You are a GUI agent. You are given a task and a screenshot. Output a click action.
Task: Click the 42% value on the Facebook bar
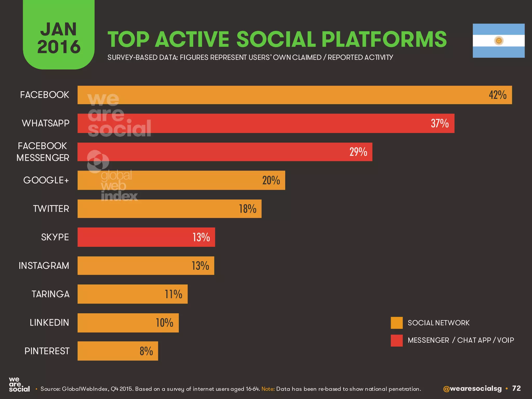497,95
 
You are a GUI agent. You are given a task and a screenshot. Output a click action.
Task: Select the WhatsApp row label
46,123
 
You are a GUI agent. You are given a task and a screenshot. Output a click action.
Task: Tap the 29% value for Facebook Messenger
358,152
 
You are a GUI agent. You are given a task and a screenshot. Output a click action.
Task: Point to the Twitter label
51,209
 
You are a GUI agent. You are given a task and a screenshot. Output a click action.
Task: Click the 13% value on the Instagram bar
200,265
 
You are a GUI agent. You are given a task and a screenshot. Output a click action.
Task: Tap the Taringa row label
51,294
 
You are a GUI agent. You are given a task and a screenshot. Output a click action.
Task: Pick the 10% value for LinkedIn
164,323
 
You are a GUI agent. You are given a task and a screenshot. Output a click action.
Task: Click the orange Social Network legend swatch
397,323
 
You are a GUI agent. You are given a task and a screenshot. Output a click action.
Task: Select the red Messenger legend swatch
397,340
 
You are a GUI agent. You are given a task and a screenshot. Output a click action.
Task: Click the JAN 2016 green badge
59,36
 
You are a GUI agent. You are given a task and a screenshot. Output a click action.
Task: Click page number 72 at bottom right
516,388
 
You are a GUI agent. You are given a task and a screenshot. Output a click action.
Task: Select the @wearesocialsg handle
472,389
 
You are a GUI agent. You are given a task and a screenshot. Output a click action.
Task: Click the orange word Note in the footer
268,389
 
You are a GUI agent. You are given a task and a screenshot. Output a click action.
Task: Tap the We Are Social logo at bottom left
19,385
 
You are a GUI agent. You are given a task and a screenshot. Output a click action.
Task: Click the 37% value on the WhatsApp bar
440,123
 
